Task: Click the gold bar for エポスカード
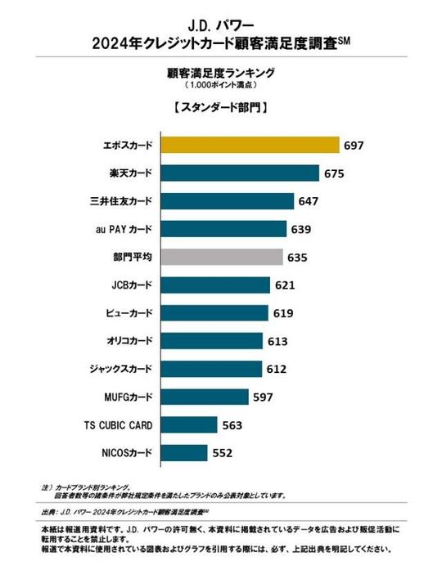click(250, 146)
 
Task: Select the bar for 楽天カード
click(241, 173)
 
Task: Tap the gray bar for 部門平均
click(223, 257)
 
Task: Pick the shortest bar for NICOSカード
click(184, 452)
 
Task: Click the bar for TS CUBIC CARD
click(189, 424)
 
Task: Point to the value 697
click(353, 146)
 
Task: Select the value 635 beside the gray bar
click(297, 257)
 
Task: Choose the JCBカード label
click(130, 285)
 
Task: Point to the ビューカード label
click(128, 312)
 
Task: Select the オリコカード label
click(128, 341)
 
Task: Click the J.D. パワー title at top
click(219, 16)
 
